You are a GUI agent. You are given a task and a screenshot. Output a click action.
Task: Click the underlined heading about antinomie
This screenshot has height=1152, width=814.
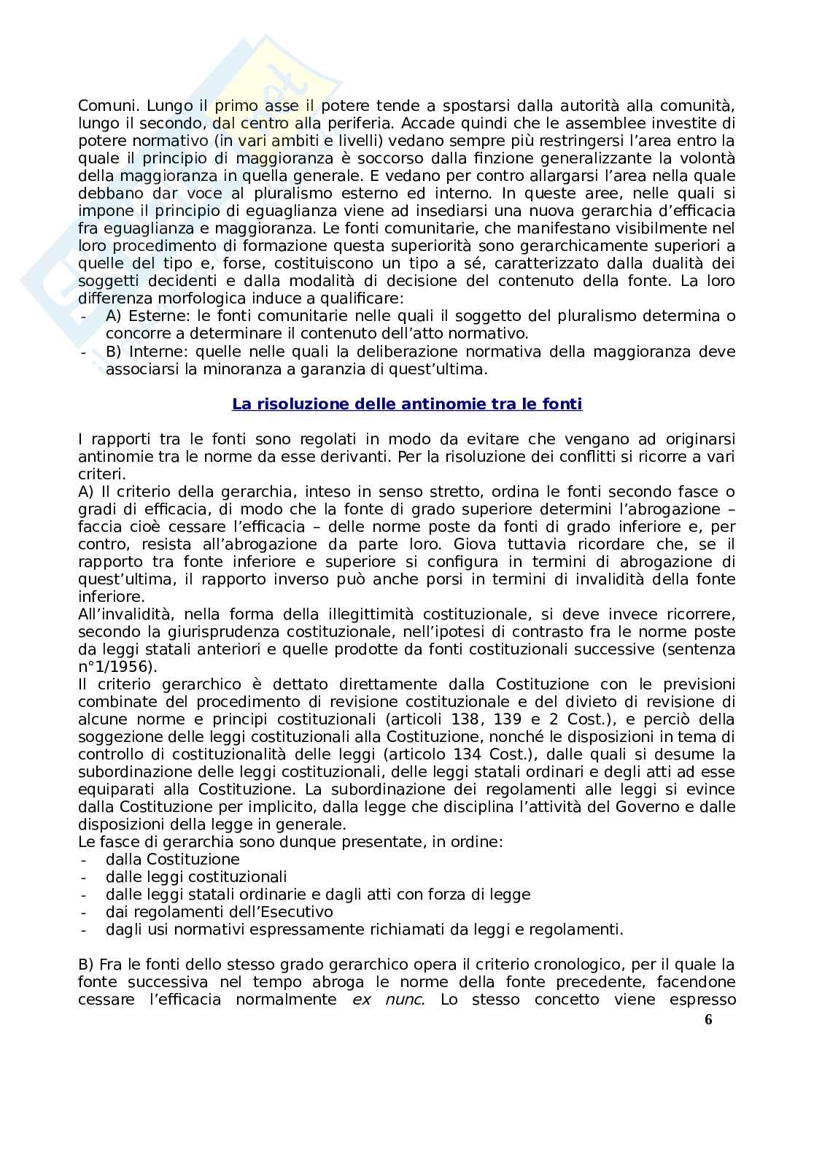[407, 403]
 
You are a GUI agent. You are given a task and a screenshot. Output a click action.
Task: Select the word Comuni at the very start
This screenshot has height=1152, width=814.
[104, 106]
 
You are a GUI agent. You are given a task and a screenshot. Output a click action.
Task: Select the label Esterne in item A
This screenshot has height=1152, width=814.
[158, 316]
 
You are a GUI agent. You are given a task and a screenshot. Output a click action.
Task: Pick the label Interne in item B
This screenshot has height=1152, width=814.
[157, 352]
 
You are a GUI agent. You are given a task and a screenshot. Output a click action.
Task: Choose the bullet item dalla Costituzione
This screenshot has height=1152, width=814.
[172, 859]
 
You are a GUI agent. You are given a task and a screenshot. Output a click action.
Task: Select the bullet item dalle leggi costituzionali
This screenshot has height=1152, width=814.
[196, 877]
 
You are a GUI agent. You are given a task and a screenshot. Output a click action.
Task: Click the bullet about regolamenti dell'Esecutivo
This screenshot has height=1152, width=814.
[219, 912]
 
